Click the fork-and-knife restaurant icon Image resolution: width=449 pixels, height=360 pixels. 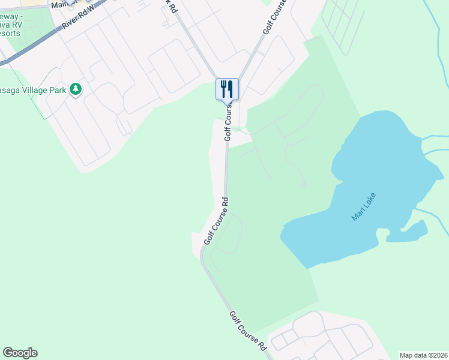[227, 89]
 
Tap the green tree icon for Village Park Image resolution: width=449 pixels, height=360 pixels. [75, 89]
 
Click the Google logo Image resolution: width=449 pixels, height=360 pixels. [20, 353]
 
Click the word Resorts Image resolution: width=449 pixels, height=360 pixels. [10, 33]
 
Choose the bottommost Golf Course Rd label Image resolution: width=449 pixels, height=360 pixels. [247, 330]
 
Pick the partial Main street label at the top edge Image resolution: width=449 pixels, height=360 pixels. [62, 4]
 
